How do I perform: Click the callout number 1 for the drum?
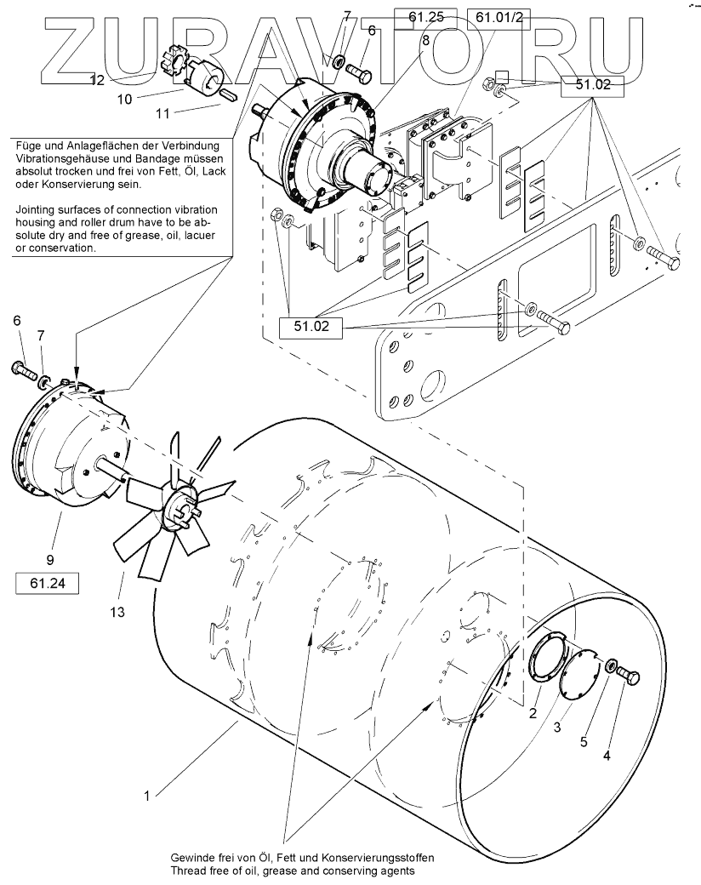pyautogui.click(x=147, y=796)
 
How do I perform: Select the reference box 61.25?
pyautogui.click(x=426, y=15)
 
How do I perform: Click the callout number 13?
pyautogui.click(x=117, y=611)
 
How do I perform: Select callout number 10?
pyautogui.click(x=124, y=99)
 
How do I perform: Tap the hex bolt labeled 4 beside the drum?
pyautogui.click(x=627, y=677)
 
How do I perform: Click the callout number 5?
pyautogui.click(x=584, y=741)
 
